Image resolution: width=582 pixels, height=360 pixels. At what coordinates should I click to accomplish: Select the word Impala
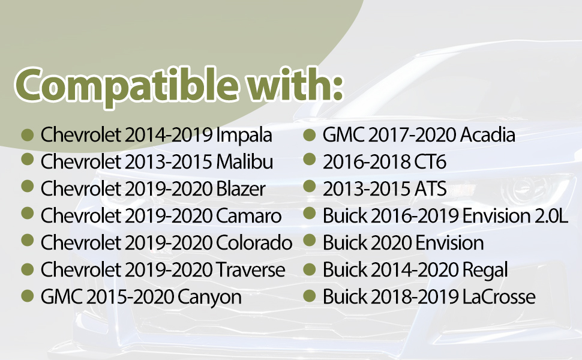click(244, 136)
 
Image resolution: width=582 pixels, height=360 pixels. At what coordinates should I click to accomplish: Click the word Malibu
click(245, 162)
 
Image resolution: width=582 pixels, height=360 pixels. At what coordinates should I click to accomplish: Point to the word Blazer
click(241, 189)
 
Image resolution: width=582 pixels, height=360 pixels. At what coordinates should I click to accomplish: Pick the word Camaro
click(248, 216)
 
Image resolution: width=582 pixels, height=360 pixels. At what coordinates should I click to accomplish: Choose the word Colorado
click(254, 243)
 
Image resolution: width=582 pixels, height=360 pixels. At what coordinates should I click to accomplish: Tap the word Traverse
click(251, 270)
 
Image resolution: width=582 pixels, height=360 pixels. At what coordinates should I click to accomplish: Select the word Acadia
click(488, 135)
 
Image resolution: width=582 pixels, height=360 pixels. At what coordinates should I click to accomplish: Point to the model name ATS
click(428, 189)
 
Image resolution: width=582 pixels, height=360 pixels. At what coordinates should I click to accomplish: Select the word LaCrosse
click(499, 297)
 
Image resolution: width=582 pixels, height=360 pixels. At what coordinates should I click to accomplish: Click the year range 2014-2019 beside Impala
click(169, 135)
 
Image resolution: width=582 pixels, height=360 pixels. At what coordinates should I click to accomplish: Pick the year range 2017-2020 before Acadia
click(412, 135)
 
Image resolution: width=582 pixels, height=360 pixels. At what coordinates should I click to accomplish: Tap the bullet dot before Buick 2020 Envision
click(309, 241)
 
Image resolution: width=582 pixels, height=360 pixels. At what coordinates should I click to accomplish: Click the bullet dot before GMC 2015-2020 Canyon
click(28, 296)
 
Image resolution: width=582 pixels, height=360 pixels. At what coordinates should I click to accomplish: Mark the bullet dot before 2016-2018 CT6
click(309, 159)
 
